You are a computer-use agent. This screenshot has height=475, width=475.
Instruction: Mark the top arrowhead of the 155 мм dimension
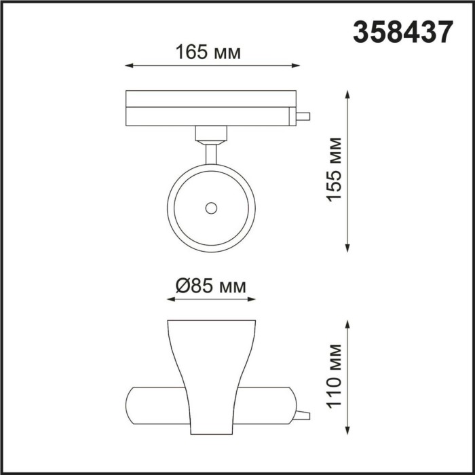coord(349,94)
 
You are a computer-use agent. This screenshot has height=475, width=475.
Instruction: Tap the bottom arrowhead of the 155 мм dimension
coord(349,248)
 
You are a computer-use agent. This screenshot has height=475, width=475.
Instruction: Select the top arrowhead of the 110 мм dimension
coord(349,324)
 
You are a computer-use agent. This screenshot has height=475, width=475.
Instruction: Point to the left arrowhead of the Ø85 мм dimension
coord(170,299)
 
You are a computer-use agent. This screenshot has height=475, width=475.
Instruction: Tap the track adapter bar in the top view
coord(210,108)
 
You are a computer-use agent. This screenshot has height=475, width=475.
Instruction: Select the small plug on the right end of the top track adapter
coord(303,117)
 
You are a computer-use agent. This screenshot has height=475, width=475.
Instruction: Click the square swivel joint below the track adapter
coord(211,134)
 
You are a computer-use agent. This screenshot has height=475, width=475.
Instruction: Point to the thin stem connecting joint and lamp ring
coord(211,153)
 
